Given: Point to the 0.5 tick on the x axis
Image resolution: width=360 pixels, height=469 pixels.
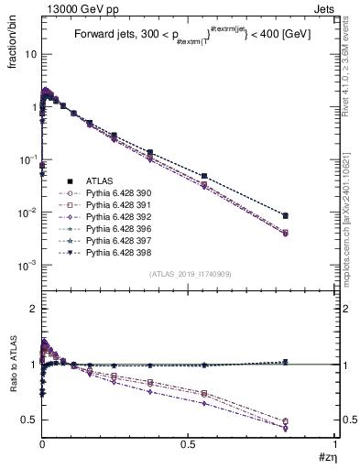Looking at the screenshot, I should coord(188,445).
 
